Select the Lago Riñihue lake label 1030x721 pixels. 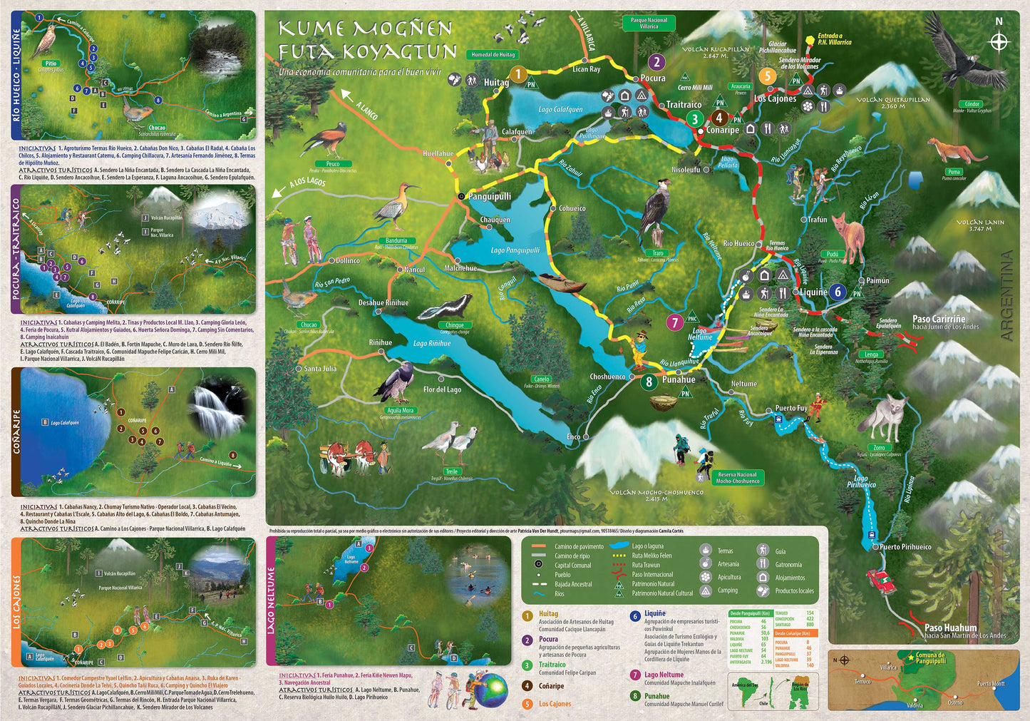tap(432, 344)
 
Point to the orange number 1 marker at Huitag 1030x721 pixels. tap(518, 74)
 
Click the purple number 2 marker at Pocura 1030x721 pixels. tap(656, 62)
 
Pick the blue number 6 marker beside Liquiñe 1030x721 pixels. tap(838, 291)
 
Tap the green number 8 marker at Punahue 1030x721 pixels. tap(648, 382)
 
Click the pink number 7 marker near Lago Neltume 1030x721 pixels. tap(674, 322)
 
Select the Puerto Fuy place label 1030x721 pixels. tap(791, 409)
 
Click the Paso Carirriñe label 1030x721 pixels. tap(939, 319)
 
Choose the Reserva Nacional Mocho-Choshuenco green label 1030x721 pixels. tap(737, 477)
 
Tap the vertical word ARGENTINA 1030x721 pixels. tap(1006, 295)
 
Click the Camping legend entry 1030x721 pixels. tap(727, 590)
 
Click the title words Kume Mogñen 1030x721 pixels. tap(364, 29)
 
